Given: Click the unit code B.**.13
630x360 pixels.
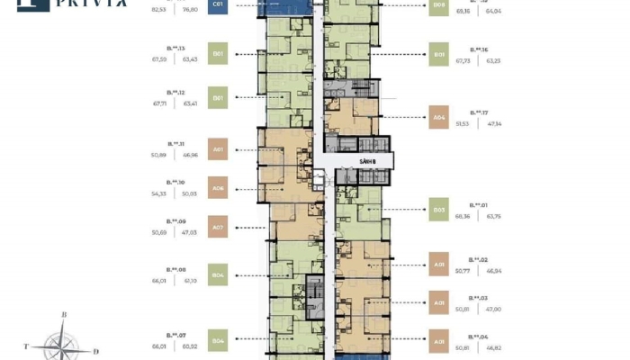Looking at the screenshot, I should tap(175, 49).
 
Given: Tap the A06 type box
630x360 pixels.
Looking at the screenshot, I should tap(218, 188).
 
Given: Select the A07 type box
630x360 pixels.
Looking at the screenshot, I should tap(218, 227).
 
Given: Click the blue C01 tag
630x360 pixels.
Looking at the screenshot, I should tap(218, 4).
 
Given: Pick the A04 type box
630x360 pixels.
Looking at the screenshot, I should tap(439, 117).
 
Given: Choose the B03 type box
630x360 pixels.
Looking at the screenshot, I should tap(439, 210).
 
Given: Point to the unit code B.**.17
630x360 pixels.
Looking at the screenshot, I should tap(480, 112).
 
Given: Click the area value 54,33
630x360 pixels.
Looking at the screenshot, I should tap(159, 193).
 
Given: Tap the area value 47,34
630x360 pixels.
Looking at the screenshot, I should tap(492, 124).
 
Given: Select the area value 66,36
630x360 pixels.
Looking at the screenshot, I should tap(463, 216).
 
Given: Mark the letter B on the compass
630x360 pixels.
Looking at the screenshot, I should tap(64, 314).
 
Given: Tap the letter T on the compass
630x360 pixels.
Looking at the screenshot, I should tap(27, 345).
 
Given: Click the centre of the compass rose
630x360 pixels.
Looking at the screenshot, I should tap(62, 343).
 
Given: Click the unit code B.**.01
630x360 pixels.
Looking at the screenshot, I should tap(479, 204).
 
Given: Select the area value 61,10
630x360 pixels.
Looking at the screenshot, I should tap(190, 280).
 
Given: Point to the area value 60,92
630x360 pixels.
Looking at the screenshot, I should tap(190, 346).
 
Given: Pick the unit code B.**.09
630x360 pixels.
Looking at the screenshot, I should tap(175, 220).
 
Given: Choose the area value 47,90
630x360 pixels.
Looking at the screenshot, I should tap(492, 309).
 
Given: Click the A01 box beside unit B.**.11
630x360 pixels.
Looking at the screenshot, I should tap(218, 149).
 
